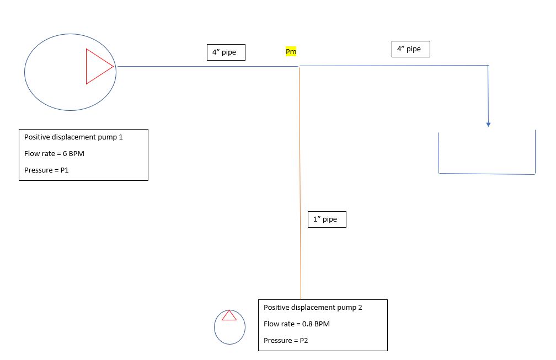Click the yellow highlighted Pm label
pos(291,52)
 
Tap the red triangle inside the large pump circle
pos(87,66)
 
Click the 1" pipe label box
pos(327,219)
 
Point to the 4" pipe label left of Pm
pos(226,52)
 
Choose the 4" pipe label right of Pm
pos(410,49)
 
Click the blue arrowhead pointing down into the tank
pos(488,125)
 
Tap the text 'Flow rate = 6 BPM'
pos(54,153)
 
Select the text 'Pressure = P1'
pos(46,170)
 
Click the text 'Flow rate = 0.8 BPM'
pos(297,324)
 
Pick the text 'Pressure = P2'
pos(286,341)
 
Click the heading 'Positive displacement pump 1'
pos(73,137)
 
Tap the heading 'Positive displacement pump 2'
pos(313,308)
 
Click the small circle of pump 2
pos(214,327)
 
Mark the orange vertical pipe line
pos(300,183)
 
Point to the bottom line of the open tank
pos(487,174)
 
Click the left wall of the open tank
pos(439,153)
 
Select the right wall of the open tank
pos(535,152)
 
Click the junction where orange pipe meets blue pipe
pos(299,66)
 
